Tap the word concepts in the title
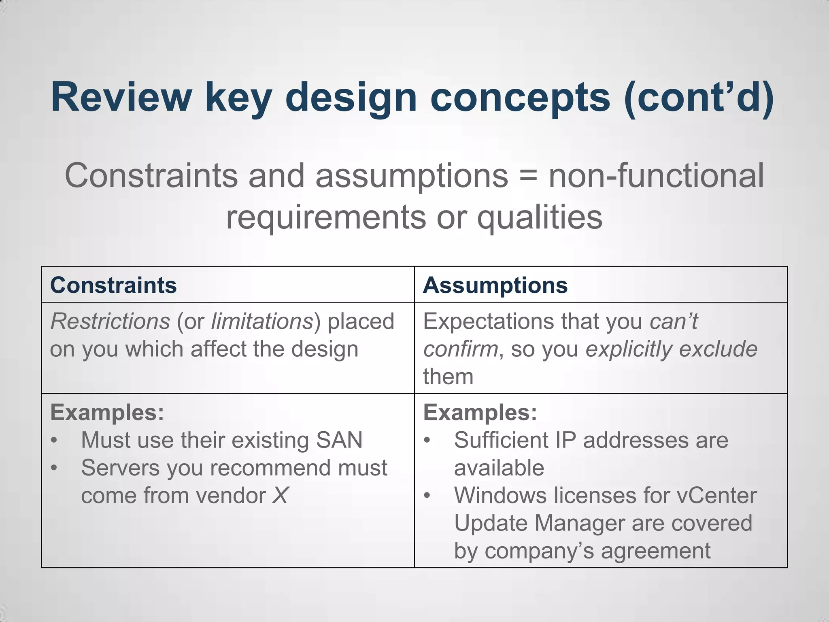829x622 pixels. [x=520, y=97]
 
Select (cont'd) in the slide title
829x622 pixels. [x=699, y=97]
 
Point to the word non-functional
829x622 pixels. [x=656, y=175]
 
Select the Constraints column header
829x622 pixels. [x=113, y=285]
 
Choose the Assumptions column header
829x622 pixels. [x=495, y=285]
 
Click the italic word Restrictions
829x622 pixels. [x=110, y=322]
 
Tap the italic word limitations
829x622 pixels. [x=262, y=322]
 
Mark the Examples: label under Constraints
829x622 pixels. [x=107, y=413]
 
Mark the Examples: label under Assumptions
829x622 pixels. [x=480, y=413]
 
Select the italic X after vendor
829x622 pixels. [x=280, y=495]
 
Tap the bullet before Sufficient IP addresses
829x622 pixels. [x=427, y=441]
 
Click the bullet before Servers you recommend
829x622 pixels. [x=54, y=468]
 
